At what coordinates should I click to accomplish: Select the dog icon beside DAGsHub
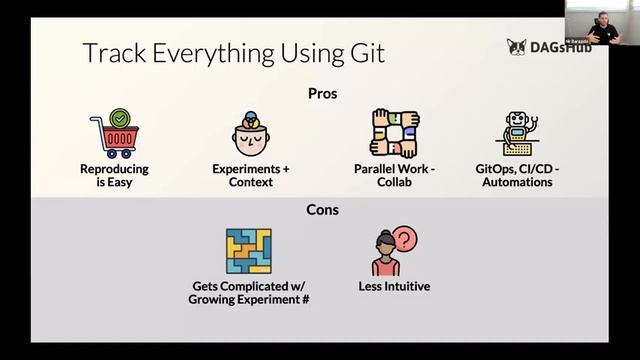coord(515,46)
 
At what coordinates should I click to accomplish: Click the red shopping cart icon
coord(113,138)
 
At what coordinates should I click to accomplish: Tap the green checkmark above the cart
coord(120,119)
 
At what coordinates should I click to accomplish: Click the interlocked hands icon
coord(393,133)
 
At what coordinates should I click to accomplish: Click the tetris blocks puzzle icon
coord(249,251)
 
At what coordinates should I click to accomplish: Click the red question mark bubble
coord(404,238)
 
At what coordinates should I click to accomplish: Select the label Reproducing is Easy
coord(114,176)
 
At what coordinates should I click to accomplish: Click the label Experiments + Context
coord(251,176)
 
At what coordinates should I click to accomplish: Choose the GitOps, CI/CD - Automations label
coord(517,176)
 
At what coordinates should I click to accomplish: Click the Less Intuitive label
coord(394,287)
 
